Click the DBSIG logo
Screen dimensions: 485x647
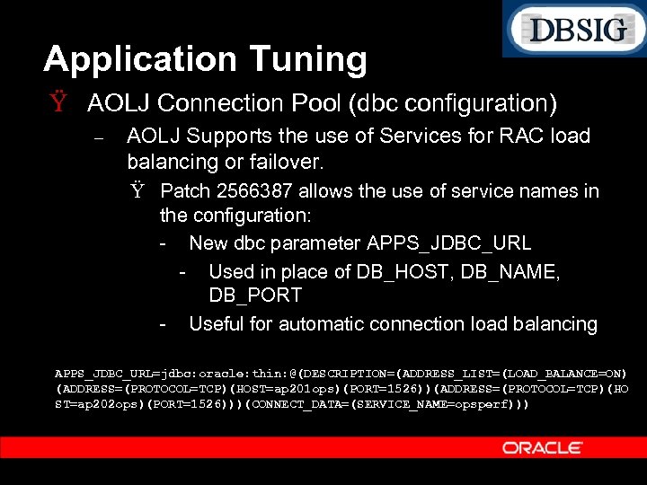(576, 30)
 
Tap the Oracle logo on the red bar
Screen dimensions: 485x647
(542, 447)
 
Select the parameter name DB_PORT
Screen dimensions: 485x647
(255, 295)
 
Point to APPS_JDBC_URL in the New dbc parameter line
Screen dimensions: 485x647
(449, 242)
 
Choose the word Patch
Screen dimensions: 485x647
(186, 190)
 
